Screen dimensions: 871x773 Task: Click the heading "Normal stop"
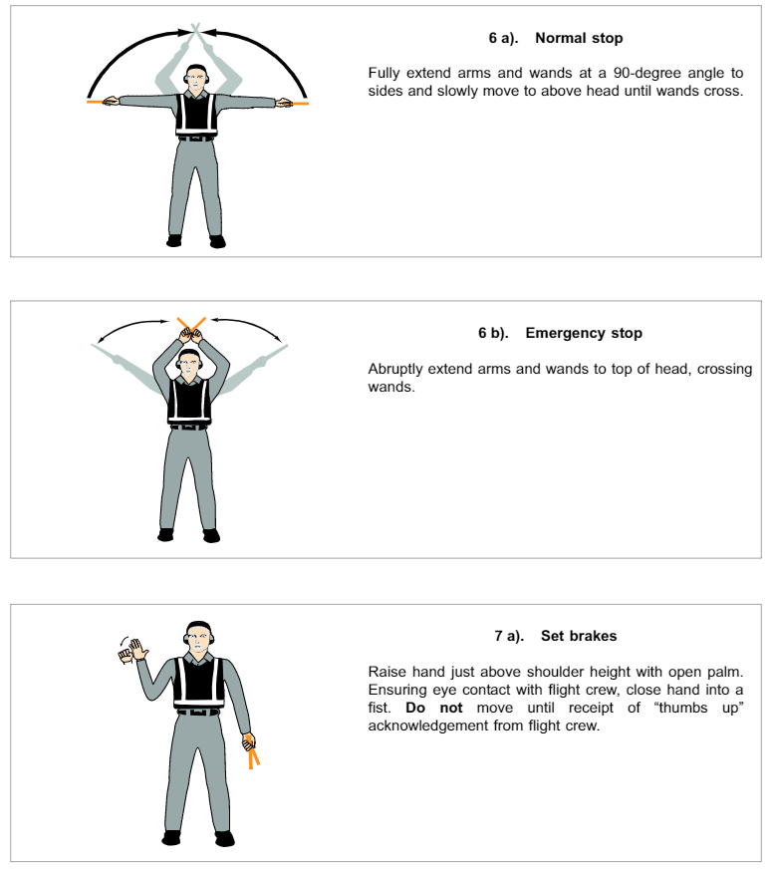click(579, 39)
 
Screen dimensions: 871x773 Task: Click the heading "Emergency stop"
click(584, 333)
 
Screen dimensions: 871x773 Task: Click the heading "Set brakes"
click(579, 635)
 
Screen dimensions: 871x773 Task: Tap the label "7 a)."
click(511, 635)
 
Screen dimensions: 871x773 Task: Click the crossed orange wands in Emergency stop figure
click(191, 323)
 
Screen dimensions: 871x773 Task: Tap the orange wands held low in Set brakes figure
click(253, 752)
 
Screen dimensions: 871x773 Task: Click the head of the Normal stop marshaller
click(197, 79)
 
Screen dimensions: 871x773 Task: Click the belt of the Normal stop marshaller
click(196, 138)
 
